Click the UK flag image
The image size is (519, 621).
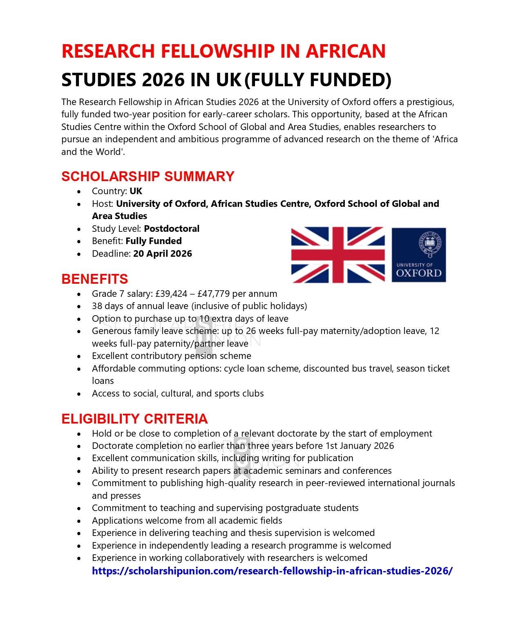338,255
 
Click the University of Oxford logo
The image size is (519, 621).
418,255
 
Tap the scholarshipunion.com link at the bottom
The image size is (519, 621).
272,571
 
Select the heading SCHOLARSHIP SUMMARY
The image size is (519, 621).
148,176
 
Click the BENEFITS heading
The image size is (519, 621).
94,279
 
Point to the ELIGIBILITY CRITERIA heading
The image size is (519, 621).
134,419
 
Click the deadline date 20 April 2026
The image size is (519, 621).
162,253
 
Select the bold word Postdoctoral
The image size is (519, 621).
172,229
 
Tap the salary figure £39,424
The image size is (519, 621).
171,294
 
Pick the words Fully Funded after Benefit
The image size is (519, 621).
153,241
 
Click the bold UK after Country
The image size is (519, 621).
136,191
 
